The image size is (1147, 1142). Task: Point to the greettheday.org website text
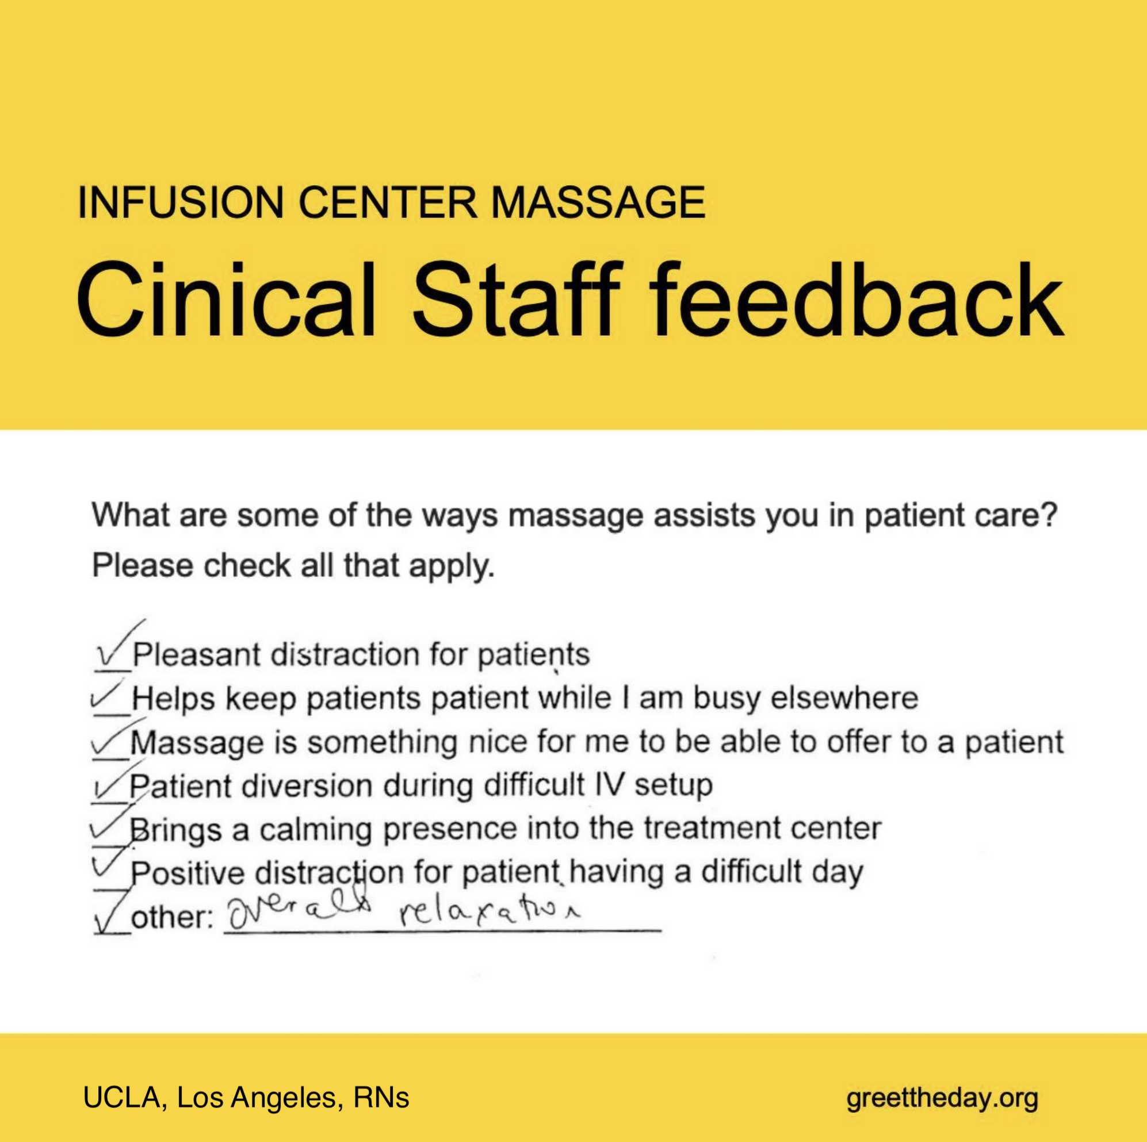[943, 1098]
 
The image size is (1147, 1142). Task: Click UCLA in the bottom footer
[122, 1098]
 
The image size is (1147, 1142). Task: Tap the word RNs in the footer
[381, 1098]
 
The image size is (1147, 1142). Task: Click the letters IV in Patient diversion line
[609, 785]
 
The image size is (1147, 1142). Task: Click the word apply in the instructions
[451, 566]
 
